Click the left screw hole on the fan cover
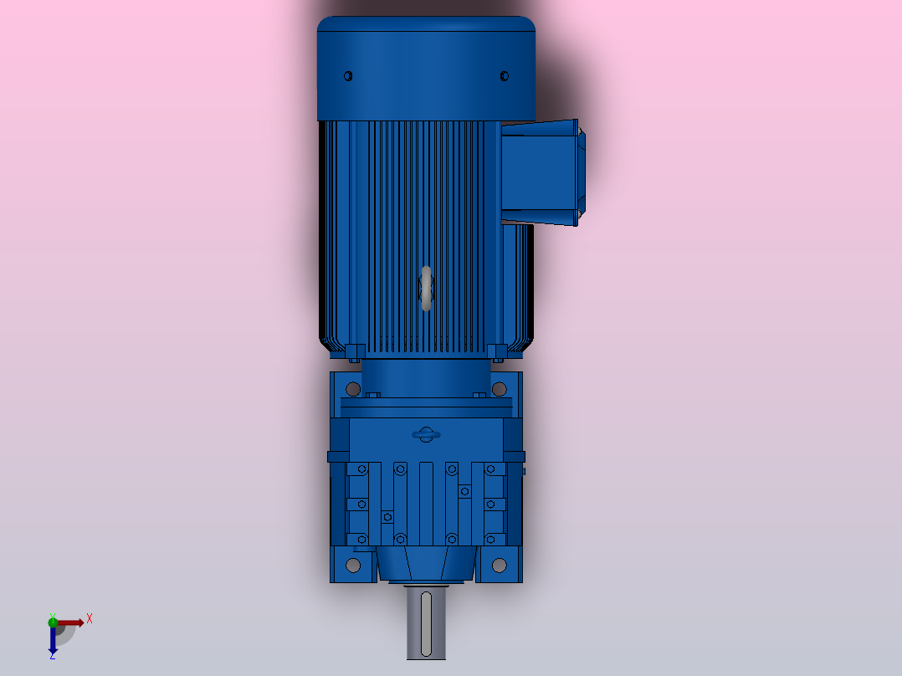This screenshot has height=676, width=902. [349, 76]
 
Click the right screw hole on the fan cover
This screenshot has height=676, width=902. [504, 76]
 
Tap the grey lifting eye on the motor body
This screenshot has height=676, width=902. [427, 289]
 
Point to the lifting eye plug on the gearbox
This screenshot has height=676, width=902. [425, 434]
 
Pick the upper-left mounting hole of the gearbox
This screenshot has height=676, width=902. [353, 389]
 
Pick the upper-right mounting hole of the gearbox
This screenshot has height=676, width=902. [500, 389]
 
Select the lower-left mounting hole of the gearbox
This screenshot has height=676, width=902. [353, 566]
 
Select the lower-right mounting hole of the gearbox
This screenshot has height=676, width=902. [500, 566]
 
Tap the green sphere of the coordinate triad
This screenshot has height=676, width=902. [53, 621]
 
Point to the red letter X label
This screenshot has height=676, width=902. [90, 618]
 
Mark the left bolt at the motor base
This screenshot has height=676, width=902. [353, 350]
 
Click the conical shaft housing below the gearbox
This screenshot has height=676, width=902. [426, 566]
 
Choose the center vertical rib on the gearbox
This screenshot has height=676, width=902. [426, 502]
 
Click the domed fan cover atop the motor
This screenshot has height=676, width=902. [426, 67]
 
